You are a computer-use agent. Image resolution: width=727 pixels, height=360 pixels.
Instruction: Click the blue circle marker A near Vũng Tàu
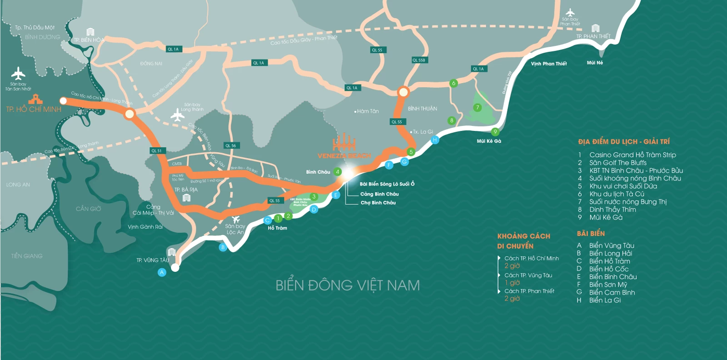click(x=162, y=272)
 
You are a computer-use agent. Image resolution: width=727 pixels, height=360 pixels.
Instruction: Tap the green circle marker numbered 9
click(x=495, y=132)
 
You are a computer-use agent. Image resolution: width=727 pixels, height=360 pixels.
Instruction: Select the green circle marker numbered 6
click(x=453, y=83)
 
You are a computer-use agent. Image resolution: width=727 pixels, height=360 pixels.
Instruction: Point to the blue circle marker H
click(x=435, y=140)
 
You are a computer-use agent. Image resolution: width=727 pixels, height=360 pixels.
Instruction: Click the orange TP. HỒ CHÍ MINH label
click(x=34, y=109)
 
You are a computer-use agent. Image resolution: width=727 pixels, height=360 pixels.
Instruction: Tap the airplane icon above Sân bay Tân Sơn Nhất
click(x=18, y=73)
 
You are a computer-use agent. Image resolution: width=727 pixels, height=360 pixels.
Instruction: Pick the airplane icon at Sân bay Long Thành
click(x=177, y=115)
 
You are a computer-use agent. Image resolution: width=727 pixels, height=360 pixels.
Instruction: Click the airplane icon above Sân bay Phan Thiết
click(x=570, y=12)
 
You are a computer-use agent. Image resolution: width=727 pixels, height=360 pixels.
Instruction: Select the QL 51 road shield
click(x=156, y=150)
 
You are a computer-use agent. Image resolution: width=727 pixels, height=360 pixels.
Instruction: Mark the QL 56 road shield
click(x=231, y=145)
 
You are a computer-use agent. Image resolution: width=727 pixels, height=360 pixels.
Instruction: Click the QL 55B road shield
click(x=419, y=60)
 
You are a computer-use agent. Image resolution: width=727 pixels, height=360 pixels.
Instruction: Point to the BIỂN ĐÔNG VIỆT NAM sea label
click(x=348, y=285)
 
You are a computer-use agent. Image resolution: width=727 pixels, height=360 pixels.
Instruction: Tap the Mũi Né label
click(x=595, y=63)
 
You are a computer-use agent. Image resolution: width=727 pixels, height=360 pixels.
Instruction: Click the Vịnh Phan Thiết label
click(x=549, y=64)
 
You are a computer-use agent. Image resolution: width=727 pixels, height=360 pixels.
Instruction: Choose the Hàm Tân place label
click(x=368, y=111)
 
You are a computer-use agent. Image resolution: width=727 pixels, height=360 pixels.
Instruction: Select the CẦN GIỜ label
click(x=89, y=209)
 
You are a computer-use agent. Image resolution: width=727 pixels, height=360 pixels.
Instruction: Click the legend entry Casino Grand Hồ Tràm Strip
click(x=632, y=155)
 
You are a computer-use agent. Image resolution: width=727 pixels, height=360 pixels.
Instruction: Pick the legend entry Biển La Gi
click(x=605, y=300)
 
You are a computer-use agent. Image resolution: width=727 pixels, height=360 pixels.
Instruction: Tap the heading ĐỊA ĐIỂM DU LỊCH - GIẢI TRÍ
click(x=624, y=142)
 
